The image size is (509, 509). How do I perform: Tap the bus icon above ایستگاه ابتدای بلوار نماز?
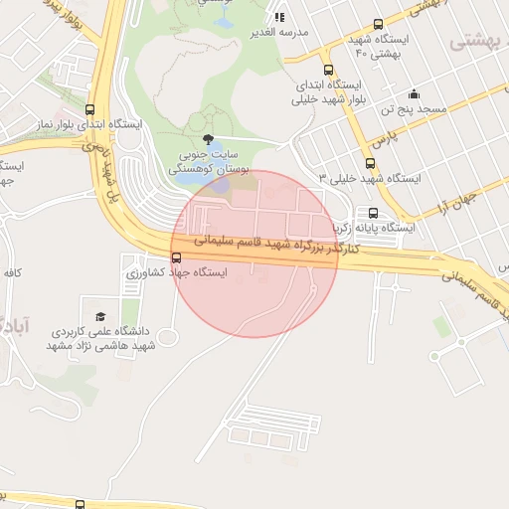coord(91,110)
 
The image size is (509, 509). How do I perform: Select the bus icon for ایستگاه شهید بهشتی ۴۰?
coord(377,25)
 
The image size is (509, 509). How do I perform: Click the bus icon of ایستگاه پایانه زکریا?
coord(373,213)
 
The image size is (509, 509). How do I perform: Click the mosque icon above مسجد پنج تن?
coord(413,93)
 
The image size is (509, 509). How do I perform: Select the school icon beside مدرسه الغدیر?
coord(279,17)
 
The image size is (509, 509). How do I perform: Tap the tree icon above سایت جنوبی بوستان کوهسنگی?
coord(207,139)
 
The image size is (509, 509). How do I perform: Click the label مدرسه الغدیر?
coord(281,32)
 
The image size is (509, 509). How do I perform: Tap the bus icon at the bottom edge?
coord(79,503)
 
